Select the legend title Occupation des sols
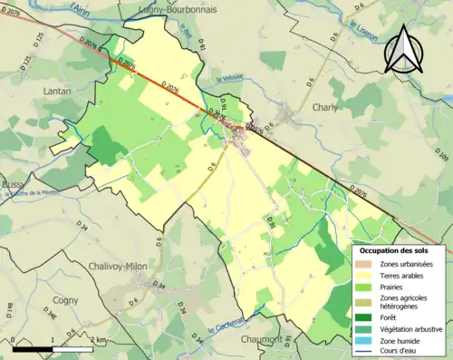(400, 249)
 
